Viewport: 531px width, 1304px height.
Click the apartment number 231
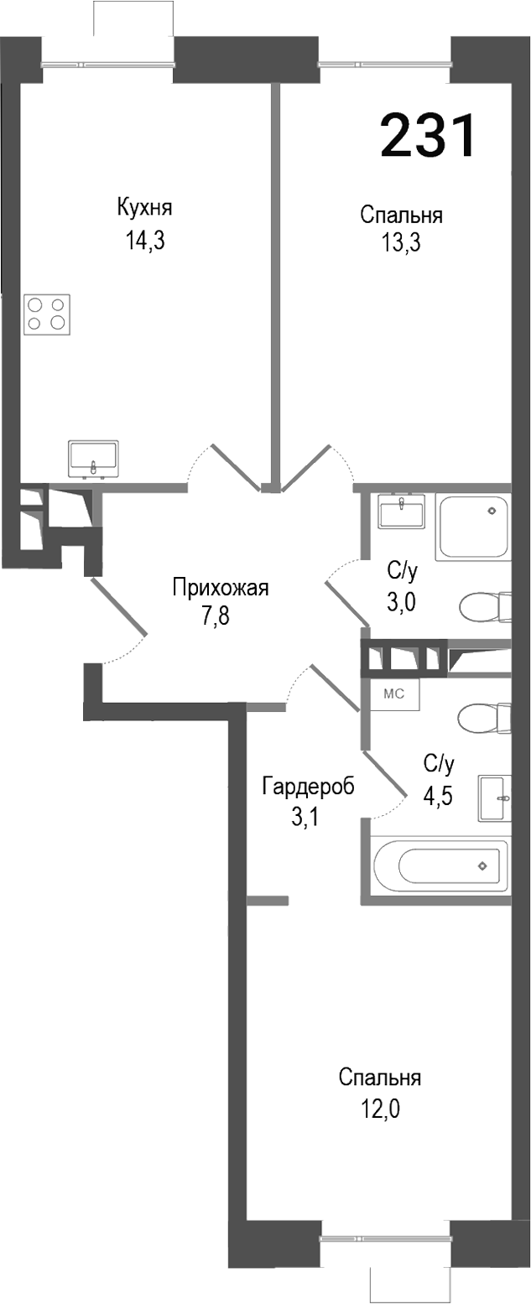[x=428, y=137]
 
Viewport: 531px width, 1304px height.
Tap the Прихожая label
[x=220, y=587]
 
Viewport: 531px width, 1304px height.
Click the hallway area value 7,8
[x=215, y=617]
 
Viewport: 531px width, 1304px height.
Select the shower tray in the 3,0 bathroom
[x=472, y=528]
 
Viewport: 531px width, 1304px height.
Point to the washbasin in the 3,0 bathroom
[x=401, y=512]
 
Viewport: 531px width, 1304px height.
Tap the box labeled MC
[x=395, y=694]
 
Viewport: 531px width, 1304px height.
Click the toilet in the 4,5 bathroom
[x=485, y=717]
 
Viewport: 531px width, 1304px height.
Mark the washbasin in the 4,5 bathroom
[x=494, y=797]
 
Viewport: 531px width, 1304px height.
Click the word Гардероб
[x=308, y=787]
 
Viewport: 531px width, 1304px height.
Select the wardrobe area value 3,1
[x=305, y=818]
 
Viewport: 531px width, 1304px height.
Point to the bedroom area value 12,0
[x=380, y=1110]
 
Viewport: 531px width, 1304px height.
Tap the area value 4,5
[x=438, y=795]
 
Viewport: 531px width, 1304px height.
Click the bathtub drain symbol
[x=482, y=865]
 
